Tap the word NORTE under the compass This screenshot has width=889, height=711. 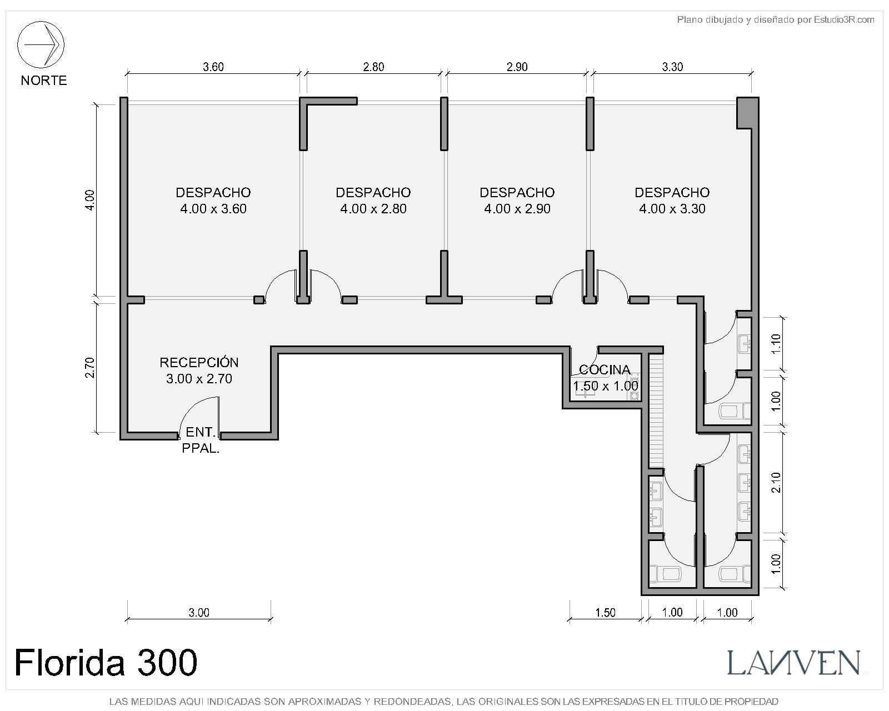(44, 80)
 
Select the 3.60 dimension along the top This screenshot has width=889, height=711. (213, 67)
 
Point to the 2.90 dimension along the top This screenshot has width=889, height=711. (517, 67)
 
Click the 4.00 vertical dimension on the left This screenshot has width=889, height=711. (89, 200)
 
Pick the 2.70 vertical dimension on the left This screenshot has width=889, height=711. (89, 368)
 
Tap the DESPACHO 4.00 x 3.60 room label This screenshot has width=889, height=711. (213, 201)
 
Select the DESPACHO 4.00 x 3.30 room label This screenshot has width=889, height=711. (672, 201)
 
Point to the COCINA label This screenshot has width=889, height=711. (605, 369)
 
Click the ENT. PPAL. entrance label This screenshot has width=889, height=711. (201, 440)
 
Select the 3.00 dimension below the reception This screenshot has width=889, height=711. (199, 612)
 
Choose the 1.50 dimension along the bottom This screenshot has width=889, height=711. (605, 612)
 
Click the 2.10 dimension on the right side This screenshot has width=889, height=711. (777, 483)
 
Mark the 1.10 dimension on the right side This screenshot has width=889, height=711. (777, 344)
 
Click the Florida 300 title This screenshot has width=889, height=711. (106, 662)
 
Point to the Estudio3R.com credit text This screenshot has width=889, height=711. (776, 19)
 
